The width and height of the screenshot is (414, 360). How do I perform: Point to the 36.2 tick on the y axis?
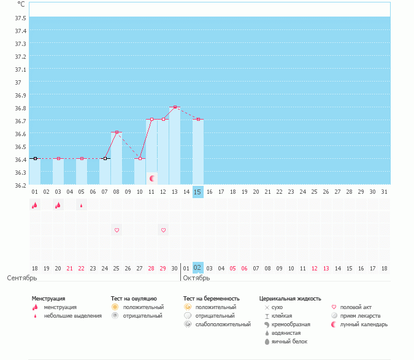click(20, 185)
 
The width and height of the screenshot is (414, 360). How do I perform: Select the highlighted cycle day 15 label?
click(197, 192)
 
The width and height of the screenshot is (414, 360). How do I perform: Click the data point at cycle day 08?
click(117, 132)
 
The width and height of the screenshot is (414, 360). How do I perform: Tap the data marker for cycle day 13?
click(175, 107)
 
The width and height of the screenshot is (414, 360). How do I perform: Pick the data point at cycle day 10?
click(140, 158)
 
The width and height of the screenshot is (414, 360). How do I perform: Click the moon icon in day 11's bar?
click(151, 178)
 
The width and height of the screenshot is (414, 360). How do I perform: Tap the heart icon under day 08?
click(117, 230)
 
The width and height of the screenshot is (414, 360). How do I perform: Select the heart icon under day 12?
click(163, 230)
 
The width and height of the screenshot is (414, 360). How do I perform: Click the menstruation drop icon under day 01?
click(35, 205)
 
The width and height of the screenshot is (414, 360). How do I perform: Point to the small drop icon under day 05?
click(82, 205)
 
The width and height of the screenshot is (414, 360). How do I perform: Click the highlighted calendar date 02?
click(197, 268)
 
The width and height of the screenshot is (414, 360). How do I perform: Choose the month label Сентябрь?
click(22, 278)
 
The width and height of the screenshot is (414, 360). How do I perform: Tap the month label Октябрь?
click(196, 278)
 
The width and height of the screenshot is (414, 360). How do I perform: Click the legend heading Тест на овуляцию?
click(134, 298)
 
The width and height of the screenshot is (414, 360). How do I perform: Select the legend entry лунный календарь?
click(364, 324)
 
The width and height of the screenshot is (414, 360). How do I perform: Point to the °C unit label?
click(21, 4)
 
